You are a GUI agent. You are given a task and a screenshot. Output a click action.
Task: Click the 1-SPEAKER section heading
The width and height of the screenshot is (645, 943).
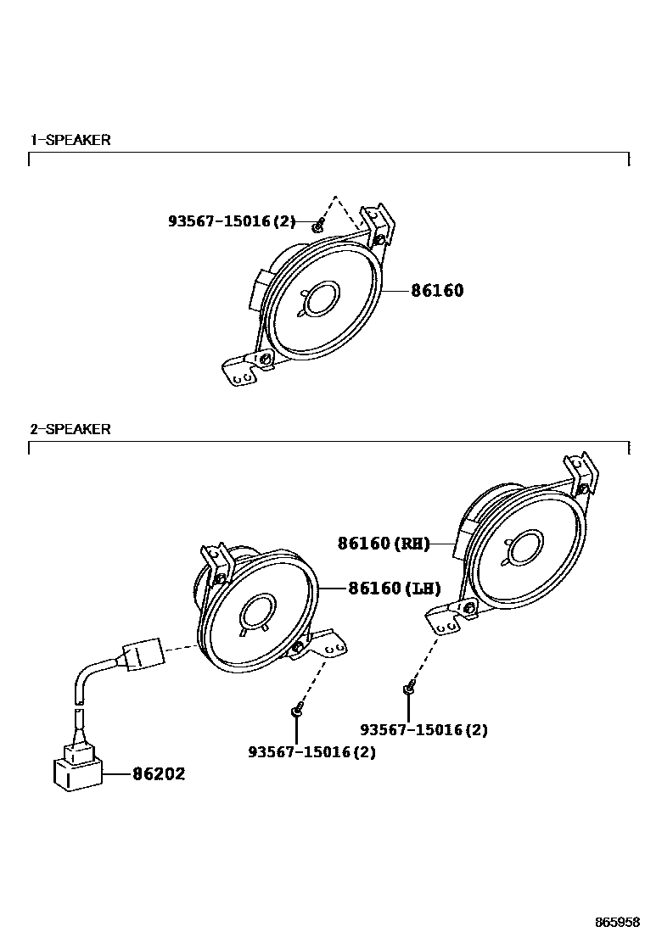70,140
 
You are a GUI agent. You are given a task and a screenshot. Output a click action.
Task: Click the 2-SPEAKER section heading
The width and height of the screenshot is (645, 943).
70,429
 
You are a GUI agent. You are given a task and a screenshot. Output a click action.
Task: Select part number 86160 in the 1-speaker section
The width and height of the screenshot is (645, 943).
437,291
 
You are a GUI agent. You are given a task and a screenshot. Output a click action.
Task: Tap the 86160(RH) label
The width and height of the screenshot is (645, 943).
384,544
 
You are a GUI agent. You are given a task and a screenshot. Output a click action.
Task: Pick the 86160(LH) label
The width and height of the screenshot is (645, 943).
395,588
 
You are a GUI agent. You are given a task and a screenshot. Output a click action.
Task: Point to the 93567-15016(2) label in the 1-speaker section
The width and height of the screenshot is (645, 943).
232,221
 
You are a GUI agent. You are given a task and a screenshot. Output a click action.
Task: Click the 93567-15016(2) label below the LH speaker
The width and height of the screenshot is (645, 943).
311,751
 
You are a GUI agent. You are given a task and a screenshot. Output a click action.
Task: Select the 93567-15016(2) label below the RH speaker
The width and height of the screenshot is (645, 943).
423,729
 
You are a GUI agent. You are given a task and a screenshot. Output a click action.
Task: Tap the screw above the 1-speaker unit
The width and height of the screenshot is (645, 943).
318,225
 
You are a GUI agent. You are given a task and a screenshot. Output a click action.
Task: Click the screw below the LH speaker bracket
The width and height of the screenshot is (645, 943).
296,709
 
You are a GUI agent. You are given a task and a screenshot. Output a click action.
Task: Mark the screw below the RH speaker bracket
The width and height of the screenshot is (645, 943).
408,688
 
